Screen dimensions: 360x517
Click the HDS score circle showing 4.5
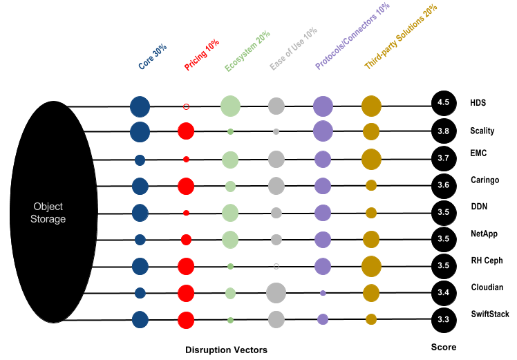443,103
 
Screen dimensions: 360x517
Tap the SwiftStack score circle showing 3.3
443,319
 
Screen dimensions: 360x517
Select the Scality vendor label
482,131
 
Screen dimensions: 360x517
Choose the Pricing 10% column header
200,56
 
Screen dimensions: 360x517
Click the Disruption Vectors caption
226,350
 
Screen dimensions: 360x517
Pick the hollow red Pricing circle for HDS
186,106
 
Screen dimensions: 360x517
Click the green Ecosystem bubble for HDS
230,106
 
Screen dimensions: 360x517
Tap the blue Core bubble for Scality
140,131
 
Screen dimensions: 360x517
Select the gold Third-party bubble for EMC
371,159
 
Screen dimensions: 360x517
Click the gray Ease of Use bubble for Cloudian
276,292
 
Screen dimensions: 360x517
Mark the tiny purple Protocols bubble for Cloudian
323,293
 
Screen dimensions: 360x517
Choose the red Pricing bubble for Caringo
186,186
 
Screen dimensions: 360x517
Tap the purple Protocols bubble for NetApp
323,239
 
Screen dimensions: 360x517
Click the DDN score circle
443,211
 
